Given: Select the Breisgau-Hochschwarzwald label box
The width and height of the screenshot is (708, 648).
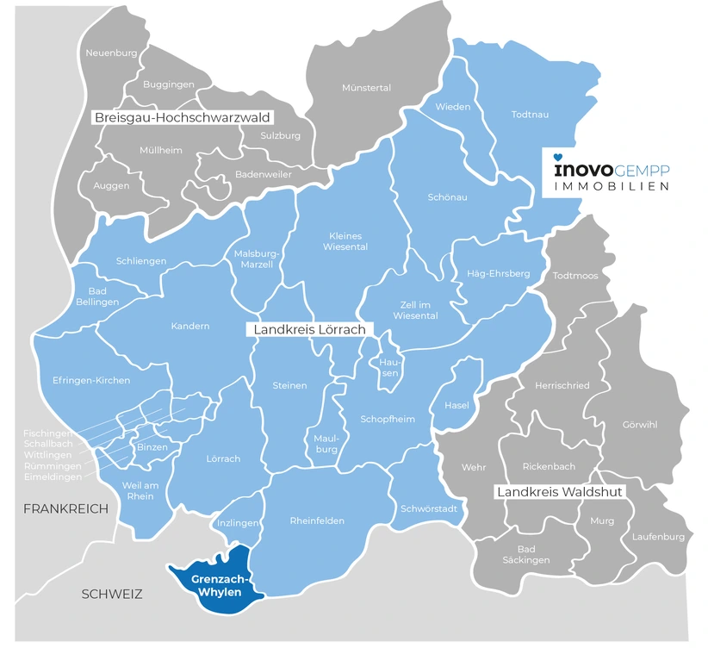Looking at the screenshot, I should [x=183, y=117].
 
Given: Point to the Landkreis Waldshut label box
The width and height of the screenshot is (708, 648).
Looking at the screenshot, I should [x=559, y=492].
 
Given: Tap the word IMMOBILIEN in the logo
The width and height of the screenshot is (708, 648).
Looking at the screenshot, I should [x=611, y=186].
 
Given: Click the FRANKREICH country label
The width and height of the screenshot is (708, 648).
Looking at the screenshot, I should [x=65, y=508].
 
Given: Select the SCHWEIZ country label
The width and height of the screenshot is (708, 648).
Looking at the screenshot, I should [x=111, y=594].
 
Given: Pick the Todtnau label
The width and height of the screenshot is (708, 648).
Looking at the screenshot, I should [x=530, y=114].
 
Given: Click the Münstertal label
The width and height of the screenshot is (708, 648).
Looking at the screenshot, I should [x=366, y=88].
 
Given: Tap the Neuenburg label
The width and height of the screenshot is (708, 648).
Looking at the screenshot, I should [x=111, y=53].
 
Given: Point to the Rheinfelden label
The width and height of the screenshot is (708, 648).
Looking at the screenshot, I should [x=317, y=520].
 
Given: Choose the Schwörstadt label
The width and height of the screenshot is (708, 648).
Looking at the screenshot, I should [x=422, y=508].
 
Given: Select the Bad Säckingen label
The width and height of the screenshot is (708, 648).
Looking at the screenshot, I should [x=526, y=554].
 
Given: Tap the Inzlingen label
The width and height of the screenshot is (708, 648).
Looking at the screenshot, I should [x=238, y=522].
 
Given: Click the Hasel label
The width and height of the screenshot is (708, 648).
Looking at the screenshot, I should [x=456, y=405].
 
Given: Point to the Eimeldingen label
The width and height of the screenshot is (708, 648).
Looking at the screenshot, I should [x=53, y=477].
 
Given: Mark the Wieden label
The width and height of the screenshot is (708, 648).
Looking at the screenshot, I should [x=453, y=107].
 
